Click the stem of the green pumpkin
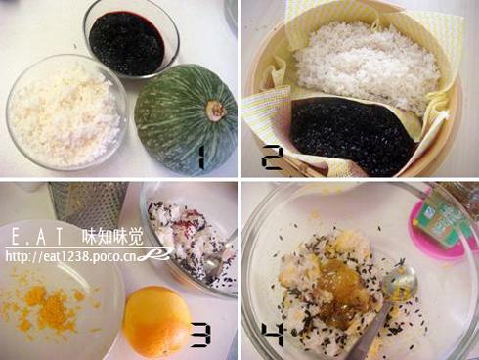[214, 111]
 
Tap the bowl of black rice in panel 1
[131, 40]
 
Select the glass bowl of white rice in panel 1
[65, 112]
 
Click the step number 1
[201, 157]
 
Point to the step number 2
[271, 157]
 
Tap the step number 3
[200, 335]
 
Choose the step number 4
[273, 335]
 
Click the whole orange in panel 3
[156, 321]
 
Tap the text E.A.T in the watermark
[36, 237]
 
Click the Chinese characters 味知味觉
[112, 236]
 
